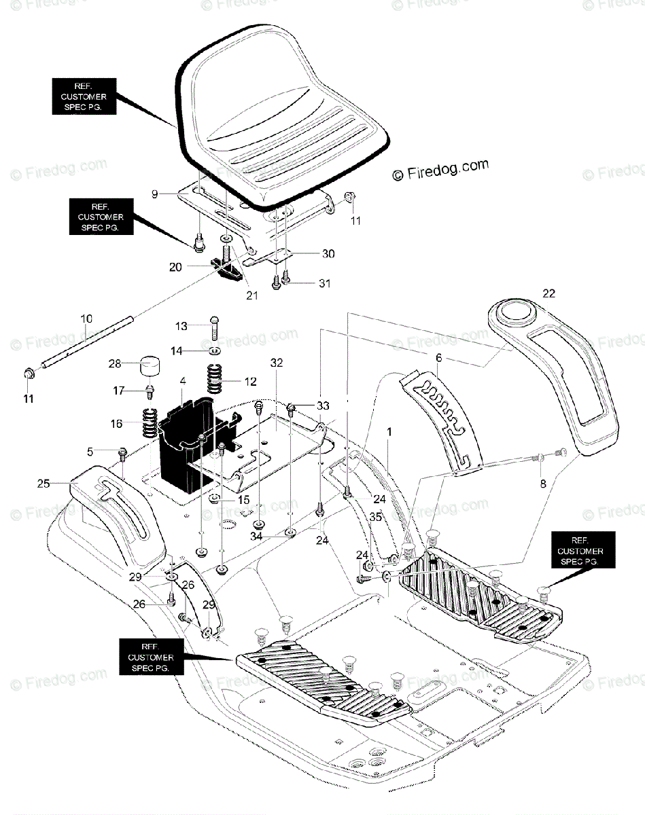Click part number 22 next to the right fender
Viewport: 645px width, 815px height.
[x=548, y=293]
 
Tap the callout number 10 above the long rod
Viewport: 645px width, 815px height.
[x=86, y=319]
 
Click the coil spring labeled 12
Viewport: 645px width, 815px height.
[x=214, y=378]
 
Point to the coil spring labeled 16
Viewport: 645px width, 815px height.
[x=150, y=423]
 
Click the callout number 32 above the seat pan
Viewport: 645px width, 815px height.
[x=277, y=363]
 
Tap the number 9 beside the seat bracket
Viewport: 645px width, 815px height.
[x=154, y=194]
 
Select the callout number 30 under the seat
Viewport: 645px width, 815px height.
[x=328, y=254]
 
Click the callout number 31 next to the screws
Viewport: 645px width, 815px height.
[x=325, y=283]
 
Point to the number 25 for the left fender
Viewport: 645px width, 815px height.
[x=43, y=484]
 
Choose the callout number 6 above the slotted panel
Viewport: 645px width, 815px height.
[x=439, y=358]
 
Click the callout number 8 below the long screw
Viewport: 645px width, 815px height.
[x=543, y=484]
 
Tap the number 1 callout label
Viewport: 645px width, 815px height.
[x=389, y=432]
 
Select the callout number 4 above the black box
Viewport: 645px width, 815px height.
[x=183, y=381]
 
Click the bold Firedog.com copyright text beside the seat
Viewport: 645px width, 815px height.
[x=440, y=170]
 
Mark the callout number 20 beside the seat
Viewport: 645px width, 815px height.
[x=175, y=268]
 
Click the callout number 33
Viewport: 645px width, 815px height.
[x=323, y=405]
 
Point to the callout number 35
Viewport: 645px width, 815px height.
[x=376, y=517]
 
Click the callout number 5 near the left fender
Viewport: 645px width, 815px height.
[x=90, y=452]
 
